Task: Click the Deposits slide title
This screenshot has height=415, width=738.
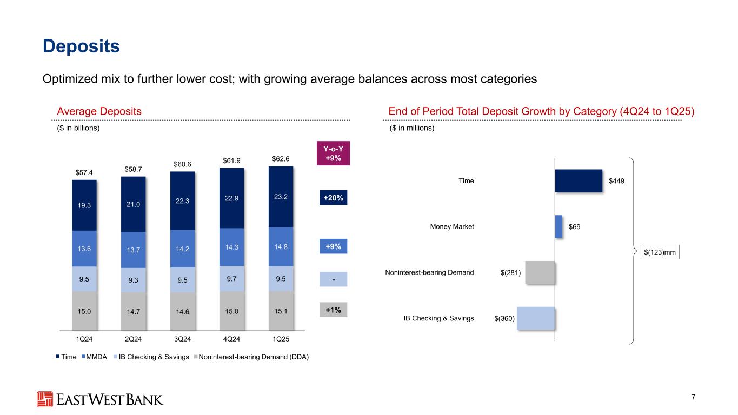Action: pos(81,46)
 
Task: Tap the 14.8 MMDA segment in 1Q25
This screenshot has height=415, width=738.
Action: pos(281,247)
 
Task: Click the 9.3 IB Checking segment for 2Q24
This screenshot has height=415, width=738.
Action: pos(134,280)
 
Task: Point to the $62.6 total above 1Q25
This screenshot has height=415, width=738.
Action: pos(281,159)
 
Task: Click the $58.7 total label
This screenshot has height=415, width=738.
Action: pos(134,169)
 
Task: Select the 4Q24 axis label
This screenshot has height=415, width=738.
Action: pos(231,339)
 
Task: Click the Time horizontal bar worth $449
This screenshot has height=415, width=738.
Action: pos(579,180)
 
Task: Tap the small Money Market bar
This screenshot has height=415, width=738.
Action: pos(559,226)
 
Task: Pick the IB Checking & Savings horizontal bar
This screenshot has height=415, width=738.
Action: pos(536,318)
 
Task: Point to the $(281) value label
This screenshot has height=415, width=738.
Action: pos(511,273)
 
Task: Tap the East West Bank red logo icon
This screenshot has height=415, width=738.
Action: pos(45,399)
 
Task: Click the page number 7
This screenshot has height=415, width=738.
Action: pos(693,398)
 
